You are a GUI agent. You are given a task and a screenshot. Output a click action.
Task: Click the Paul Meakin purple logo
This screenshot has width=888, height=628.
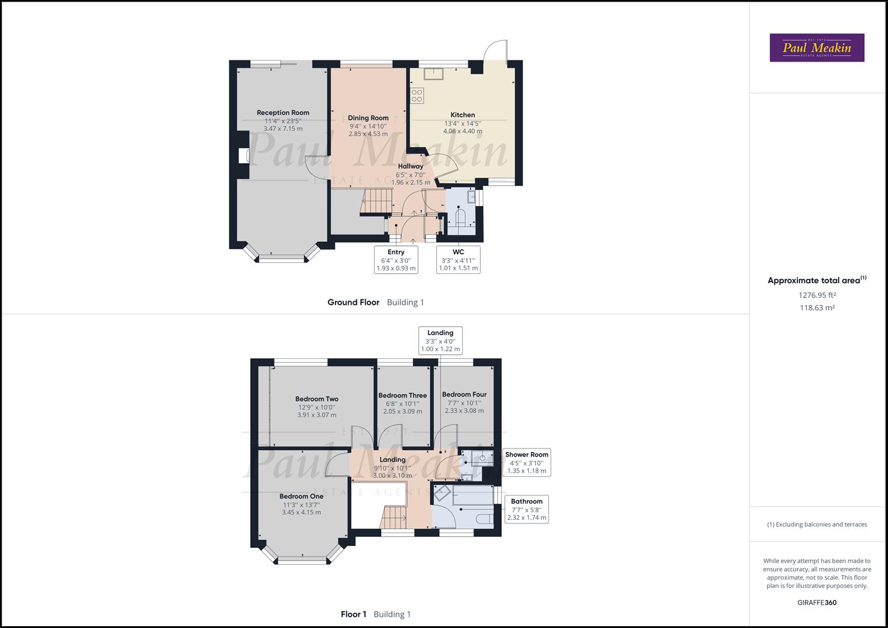coord(816,48)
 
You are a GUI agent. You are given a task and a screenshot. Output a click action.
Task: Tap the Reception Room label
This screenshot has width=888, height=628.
coord(283,113)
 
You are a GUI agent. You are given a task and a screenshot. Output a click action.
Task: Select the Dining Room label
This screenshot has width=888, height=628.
coord(368,118)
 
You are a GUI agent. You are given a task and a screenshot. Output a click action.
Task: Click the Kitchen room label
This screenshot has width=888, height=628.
coord(462,115)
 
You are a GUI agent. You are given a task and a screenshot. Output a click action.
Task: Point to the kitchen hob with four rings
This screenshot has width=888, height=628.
coord(417,95)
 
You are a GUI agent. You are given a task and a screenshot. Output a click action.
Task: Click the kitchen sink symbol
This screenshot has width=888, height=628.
coord(433,73)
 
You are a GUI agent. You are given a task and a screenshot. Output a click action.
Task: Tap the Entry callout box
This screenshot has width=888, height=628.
coord(396,260)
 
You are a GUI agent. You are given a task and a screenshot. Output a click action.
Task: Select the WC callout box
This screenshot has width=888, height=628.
coord(458,260)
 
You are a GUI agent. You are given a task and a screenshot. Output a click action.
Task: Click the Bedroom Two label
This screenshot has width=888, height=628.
coord(316,399)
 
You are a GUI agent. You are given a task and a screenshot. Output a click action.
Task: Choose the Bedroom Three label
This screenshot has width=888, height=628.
coord(402,395)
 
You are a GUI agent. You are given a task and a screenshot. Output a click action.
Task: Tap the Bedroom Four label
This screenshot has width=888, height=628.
coord(464,394)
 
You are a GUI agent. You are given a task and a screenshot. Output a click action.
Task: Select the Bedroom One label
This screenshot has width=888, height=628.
coord(301,496)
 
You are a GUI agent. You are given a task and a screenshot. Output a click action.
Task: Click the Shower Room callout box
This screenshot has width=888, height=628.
coord(526,462)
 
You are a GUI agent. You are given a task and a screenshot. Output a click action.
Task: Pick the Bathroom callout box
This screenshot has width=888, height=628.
coord(526,509)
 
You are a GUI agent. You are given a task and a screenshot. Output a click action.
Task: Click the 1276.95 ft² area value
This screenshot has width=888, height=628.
coord(816,295)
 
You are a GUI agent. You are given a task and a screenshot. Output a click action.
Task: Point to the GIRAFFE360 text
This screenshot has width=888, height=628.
coord(816,602)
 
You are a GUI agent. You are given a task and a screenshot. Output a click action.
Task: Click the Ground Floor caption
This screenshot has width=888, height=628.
coord(353,302)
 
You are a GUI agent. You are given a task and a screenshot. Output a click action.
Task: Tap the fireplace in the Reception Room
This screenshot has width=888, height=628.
coord(244,156)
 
